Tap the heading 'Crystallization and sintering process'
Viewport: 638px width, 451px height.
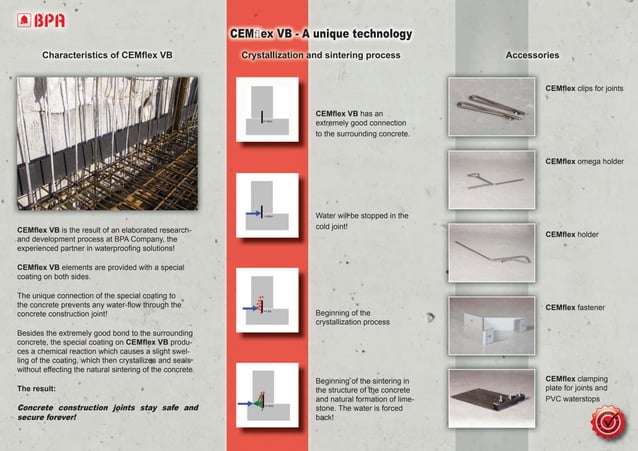[321, 55]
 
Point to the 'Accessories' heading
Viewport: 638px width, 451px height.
[532, 55]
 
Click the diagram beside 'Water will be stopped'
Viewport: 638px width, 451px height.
[263, 206]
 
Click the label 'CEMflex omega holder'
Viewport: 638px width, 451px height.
[584, 162]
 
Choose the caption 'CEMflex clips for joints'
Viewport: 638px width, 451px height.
[584, 89]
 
